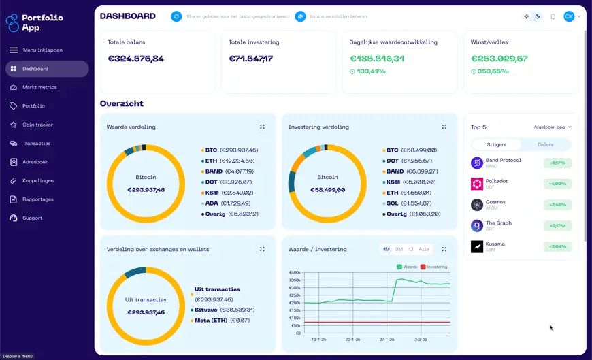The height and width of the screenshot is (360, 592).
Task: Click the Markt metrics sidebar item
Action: click(39, 87)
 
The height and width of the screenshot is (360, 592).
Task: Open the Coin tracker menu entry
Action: click(37, 125)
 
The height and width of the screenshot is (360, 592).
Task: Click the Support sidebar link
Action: click(32, 218)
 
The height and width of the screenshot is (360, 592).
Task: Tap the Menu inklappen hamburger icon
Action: click(14, 50)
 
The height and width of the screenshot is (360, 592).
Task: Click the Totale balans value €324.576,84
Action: click(135, 59)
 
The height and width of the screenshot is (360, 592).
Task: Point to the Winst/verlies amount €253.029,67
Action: click(499, 59)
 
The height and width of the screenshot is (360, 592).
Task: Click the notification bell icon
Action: click(553, 16)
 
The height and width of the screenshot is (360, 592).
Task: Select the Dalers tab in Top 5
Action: click(545, 144)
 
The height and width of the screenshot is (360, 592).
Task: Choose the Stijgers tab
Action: click(497, 144)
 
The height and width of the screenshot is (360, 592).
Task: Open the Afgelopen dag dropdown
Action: click(553, 127)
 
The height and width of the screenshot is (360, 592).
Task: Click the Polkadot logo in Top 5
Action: click(477, 184)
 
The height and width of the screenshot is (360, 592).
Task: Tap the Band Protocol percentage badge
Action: click(557, 163)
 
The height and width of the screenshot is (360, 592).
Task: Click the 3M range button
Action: click(399, 249)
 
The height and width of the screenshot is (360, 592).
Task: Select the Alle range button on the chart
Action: click(423, 249)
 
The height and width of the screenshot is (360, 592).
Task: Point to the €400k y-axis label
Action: click(295, 272)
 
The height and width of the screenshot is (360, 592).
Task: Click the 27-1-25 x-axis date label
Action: click(388, 339)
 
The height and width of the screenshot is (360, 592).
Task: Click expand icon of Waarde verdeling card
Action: click(262, 127)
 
